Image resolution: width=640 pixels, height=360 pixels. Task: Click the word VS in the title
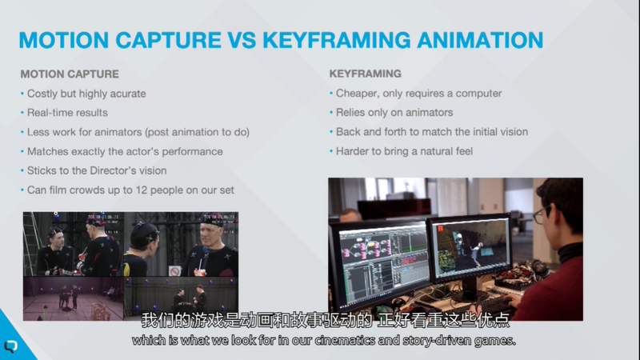pos(242,40)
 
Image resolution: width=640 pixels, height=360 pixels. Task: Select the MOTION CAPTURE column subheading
pos(70,74)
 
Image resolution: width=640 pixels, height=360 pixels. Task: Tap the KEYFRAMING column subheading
pos(366,74)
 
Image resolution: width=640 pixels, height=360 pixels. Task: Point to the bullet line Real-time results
pos(67,113)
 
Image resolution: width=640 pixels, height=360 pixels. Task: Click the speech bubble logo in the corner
pos(10,346)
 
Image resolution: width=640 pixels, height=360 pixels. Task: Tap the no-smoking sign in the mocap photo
pos(174,270)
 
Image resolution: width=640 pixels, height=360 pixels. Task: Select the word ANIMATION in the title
pos(480,40)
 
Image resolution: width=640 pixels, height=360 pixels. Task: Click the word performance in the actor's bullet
pos(192,151)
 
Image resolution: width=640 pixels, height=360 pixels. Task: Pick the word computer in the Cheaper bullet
pos(478,94)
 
